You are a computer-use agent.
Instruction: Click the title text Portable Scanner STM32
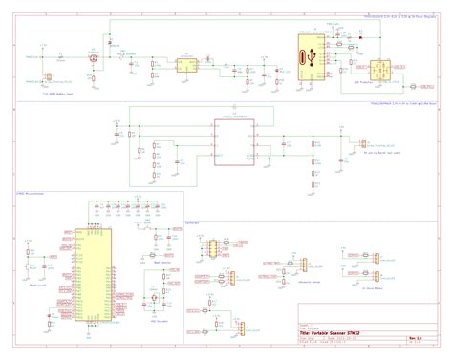click(342, 332)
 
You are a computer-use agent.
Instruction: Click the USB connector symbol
click(308, 58)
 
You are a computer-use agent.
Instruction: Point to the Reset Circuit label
click(41, 285)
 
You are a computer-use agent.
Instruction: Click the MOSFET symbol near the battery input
click(93, 59)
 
